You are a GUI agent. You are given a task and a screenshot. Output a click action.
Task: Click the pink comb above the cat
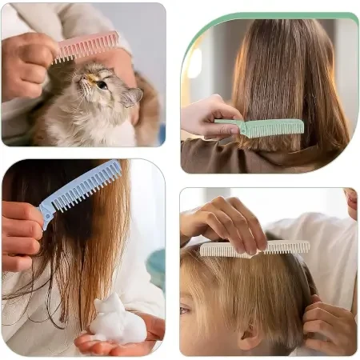[x=86, y=46]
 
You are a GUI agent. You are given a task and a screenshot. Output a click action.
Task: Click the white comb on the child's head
[x=256, y=248]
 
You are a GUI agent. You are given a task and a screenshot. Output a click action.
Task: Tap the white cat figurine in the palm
[x=117, y=318]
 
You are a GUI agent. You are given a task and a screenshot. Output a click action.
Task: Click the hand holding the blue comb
[x=20, y=232]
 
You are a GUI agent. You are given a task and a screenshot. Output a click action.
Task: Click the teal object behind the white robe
[x=157, y=268]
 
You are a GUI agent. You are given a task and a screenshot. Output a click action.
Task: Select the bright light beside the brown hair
[x=194, y=62]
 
